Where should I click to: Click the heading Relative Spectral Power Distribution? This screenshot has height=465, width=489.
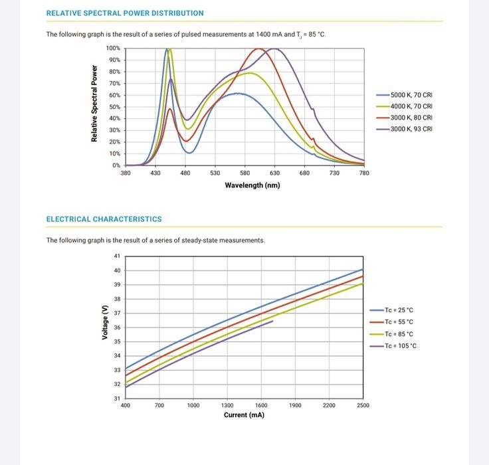125,13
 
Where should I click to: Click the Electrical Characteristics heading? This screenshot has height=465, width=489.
104,219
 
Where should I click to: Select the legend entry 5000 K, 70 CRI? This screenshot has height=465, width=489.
411,95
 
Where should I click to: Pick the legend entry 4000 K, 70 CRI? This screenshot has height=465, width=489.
411,106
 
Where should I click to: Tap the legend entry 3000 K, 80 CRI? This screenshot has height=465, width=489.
411,117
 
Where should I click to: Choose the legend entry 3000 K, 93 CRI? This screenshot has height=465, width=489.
411,128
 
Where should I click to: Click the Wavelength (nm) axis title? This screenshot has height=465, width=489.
252,185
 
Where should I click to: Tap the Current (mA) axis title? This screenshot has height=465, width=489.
244,415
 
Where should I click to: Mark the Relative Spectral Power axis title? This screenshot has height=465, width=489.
94,104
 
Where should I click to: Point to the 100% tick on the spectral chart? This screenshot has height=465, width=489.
113,48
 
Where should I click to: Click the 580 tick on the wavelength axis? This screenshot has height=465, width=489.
244,173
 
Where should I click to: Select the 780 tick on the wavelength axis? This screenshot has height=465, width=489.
363,173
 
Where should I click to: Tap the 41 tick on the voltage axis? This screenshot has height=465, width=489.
117,256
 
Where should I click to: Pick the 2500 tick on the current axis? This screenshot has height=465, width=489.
363,405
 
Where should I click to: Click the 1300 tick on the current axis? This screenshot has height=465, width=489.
227,405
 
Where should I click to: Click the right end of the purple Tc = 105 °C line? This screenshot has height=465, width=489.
272,321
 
